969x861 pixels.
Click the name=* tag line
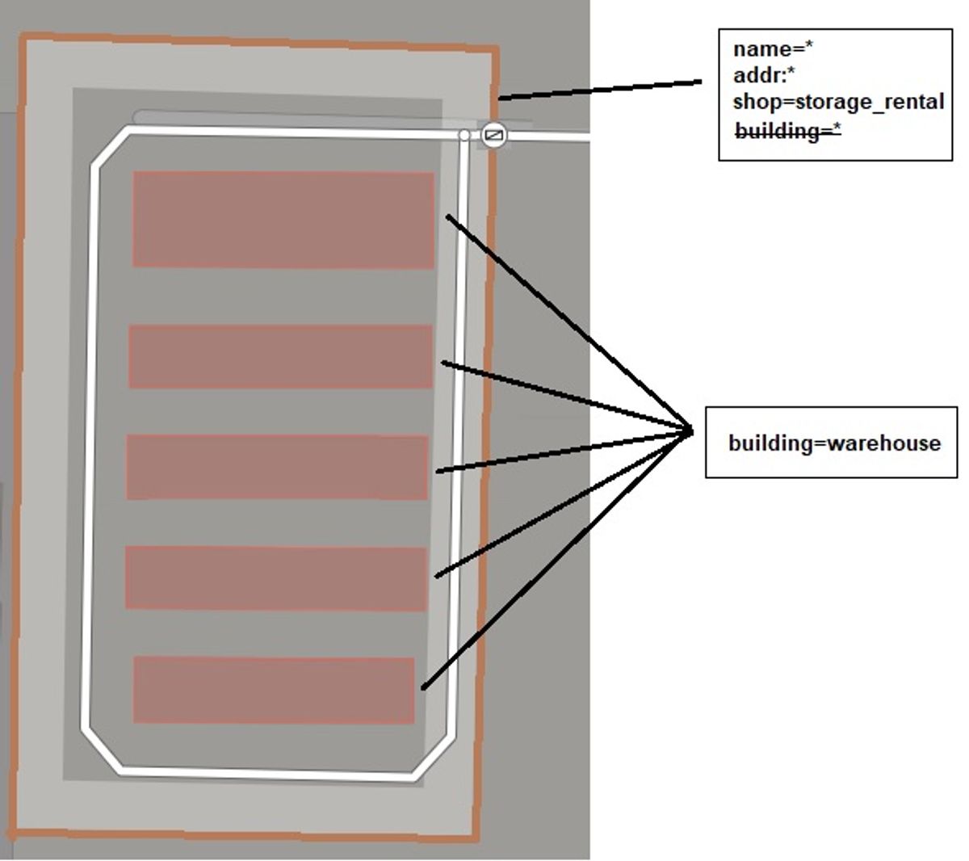[773, 49]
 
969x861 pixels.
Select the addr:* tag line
[763, 76]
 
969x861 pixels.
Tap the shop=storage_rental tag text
[838, 102]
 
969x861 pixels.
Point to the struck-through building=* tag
[788, 131]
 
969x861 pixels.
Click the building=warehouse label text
[835, 443]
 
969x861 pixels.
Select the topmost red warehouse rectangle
[283, 220]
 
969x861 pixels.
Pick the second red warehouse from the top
[281, 356]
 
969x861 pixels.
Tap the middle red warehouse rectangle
[277, 467]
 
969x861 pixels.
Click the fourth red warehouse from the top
[276, 578]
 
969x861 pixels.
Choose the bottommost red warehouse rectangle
[274, 690]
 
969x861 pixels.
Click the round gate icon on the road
[493, 135]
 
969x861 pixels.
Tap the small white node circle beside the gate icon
[464, 136]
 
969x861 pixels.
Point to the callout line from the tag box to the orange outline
[600, 90]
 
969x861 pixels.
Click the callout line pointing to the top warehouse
[569, 324]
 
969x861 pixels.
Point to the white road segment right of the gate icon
[548, 137]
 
